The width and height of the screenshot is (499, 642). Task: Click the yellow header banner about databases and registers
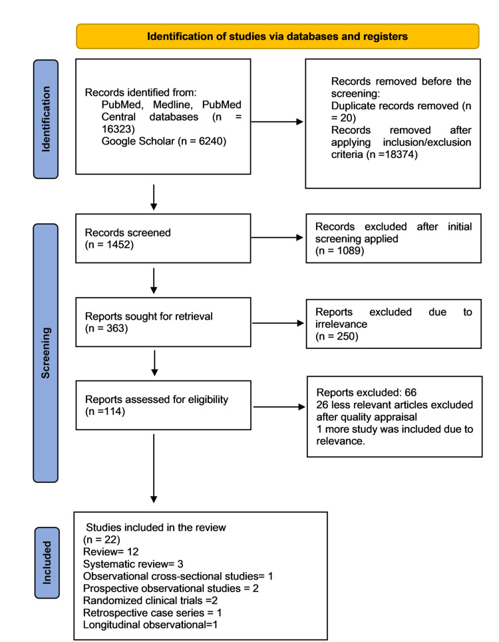click(277, 36)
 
